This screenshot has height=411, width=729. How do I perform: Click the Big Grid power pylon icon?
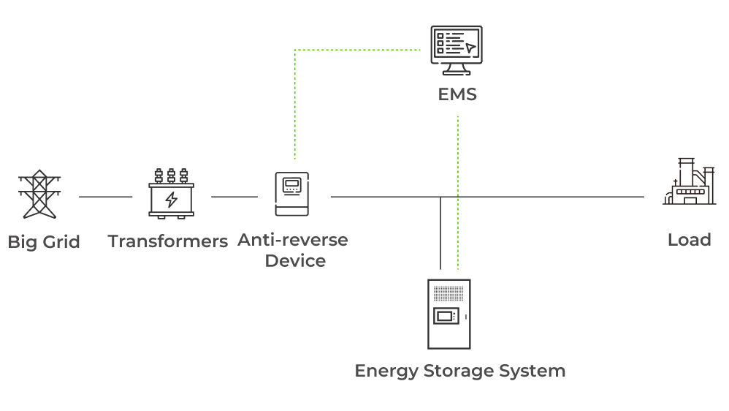[x=38, y=195]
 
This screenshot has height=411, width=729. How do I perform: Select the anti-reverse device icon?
[x=292, y=194]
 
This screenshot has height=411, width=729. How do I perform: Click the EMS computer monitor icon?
[x=457, y=50]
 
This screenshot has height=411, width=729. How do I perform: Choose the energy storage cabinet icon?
[x=449, y=314]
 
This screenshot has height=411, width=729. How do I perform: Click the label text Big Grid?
[x=44, y=242]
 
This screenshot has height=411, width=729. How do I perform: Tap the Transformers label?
[x=168, y=241]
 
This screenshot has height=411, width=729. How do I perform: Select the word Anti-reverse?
[x=293, y=240]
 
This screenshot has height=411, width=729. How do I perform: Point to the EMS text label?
[x=457, y=94]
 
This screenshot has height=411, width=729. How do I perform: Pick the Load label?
[x=689, y=240]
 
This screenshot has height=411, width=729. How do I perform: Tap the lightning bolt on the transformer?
[x=171, y=199]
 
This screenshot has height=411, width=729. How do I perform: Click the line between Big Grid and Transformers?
[x=105, y=197]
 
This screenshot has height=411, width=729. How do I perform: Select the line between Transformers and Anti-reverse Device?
[x=234, y=197]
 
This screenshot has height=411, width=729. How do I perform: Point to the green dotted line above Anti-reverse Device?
[x=295, y=102]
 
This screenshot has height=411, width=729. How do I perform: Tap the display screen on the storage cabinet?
[x=445, y=317]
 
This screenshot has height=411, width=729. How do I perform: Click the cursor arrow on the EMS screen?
[x=470, y=48]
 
